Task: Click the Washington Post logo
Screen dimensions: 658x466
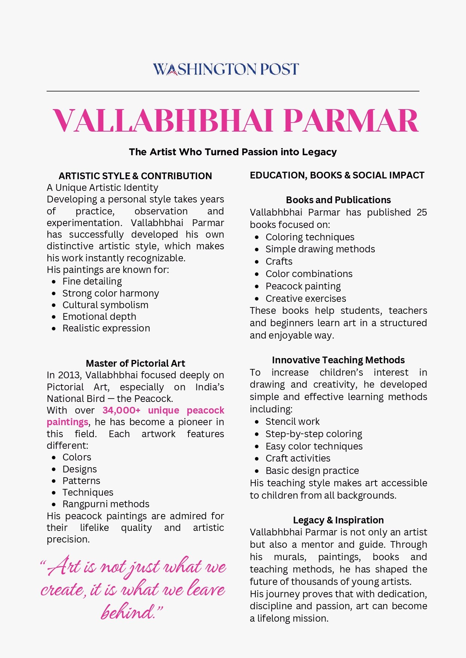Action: coord(226,69)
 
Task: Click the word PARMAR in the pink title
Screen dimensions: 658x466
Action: coord(351,121)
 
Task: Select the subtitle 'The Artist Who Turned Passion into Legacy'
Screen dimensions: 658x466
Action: coord(233,152)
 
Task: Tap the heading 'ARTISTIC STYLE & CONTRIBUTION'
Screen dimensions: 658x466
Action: coord(135,176)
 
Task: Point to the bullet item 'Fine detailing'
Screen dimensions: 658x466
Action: coord(92,282)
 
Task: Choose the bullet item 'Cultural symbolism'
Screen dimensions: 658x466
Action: coord(105,305)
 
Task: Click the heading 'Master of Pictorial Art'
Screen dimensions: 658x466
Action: coord(135,363)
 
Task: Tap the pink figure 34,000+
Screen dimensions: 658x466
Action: coord(121,411)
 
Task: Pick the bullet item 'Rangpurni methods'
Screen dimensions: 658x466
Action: coord(106,504)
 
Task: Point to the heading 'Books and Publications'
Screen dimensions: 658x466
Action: coord(338,200)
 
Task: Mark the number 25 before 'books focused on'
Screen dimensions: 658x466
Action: coord(422,213)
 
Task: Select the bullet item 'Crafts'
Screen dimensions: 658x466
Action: coord(279,262)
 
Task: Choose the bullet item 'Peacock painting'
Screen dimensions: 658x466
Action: coord(303,286)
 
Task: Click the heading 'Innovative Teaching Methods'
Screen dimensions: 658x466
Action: coord(338,360)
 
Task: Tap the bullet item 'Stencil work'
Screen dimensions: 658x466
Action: coord(293,422)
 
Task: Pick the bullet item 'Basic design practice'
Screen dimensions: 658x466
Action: coord(312,471)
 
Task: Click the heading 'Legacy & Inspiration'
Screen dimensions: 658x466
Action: coord(338,520)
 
